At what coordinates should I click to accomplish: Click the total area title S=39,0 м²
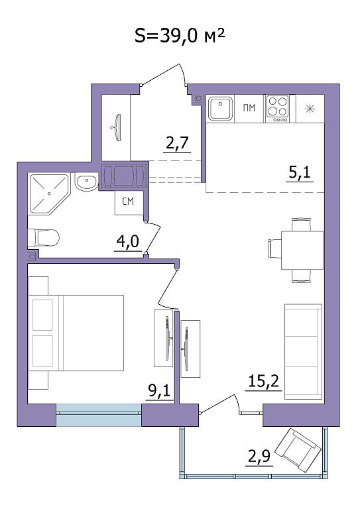click(x=180, y=35)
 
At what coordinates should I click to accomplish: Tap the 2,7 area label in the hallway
click(x=177, y=142)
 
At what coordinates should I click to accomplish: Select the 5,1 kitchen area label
click(x=300, y=172)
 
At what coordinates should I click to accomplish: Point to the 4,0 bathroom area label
click(x=127, y=241)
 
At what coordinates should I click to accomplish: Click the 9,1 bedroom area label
click(x=159, y=390)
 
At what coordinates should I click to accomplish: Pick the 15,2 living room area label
click(x=263, y=381)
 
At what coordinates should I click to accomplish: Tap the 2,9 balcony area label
click(x=259, y=456)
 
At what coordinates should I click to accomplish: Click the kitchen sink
click(x=220, y=109)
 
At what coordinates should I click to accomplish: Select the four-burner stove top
click(x=278, y=109)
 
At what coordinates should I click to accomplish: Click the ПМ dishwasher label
click(x=249, y=108)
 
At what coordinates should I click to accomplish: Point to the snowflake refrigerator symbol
click(x=310, y=109)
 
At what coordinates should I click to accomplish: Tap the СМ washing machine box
click(x=129, y=203)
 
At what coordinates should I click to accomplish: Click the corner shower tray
click(x=49, y=194)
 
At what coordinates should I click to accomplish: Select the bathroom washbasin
click(x=86, y=182)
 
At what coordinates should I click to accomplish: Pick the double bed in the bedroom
click(x=76, y=333)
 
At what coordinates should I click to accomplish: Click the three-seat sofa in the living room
click(x=304, y=351)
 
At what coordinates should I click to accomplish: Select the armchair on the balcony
click(x=298, y=450)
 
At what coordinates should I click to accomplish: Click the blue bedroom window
click(x=99, y=414)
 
